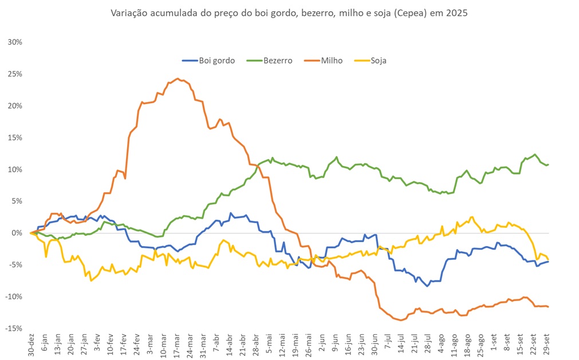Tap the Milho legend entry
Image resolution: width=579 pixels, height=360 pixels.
click(332, 60)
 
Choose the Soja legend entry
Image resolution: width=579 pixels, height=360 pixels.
click(378, 60)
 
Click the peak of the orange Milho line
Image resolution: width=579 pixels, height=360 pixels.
click(178, 78)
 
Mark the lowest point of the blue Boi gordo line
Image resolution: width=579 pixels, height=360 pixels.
click(427, 286)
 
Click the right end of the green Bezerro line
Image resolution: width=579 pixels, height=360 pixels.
click(548, 165)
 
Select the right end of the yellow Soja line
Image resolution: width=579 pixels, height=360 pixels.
click(548, 259)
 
